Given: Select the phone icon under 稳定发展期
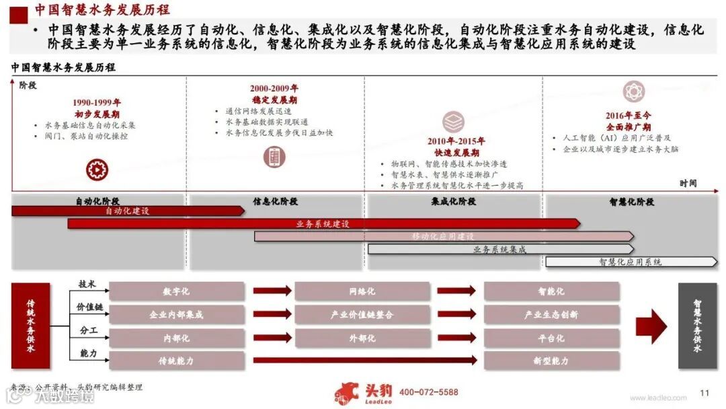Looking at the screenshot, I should coord(274,157).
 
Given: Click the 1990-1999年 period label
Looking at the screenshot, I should coord(97,103).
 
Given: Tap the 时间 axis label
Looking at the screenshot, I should coord(688,183).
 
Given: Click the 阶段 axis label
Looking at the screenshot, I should coord(28,85).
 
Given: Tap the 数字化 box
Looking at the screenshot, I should coord(177,291).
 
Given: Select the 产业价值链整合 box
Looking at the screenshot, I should coord(362,314).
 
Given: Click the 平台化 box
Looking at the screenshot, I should coord(551,338).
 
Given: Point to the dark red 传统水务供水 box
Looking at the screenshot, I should coord(31,326).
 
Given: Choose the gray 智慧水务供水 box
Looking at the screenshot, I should coord(697,326).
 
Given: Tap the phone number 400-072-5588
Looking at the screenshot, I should coord(428,392).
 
